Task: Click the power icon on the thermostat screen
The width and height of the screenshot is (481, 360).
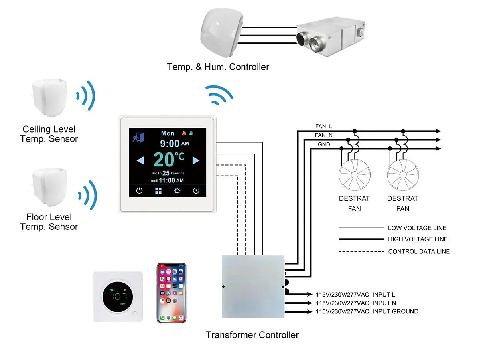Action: click(139, 191)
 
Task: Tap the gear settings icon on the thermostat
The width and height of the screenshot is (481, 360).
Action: click(177, 191)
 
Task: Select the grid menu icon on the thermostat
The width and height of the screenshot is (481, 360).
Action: click(158, 191)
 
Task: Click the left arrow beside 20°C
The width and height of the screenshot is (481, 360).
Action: click(140, 160)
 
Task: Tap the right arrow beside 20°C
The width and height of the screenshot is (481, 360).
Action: click(195, 160)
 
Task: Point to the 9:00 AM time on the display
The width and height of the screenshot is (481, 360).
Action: click(174, 143)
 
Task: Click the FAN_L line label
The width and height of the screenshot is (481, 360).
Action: click(323, 127)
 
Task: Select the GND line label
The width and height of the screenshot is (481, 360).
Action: click(324, 144)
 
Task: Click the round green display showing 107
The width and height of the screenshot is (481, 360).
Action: click(119, 297)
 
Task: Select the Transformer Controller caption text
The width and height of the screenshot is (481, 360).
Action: click(252, 335)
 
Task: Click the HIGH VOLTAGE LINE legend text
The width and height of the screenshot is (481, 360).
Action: click(418, 239)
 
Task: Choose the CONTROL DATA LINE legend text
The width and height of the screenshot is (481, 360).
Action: click(419, 251)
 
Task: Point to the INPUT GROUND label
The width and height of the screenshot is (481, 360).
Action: click(395, 311)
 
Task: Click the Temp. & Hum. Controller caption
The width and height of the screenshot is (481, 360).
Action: click(218, 67)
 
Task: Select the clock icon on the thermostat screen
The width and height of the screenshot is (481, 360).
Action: click(196, 191)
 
